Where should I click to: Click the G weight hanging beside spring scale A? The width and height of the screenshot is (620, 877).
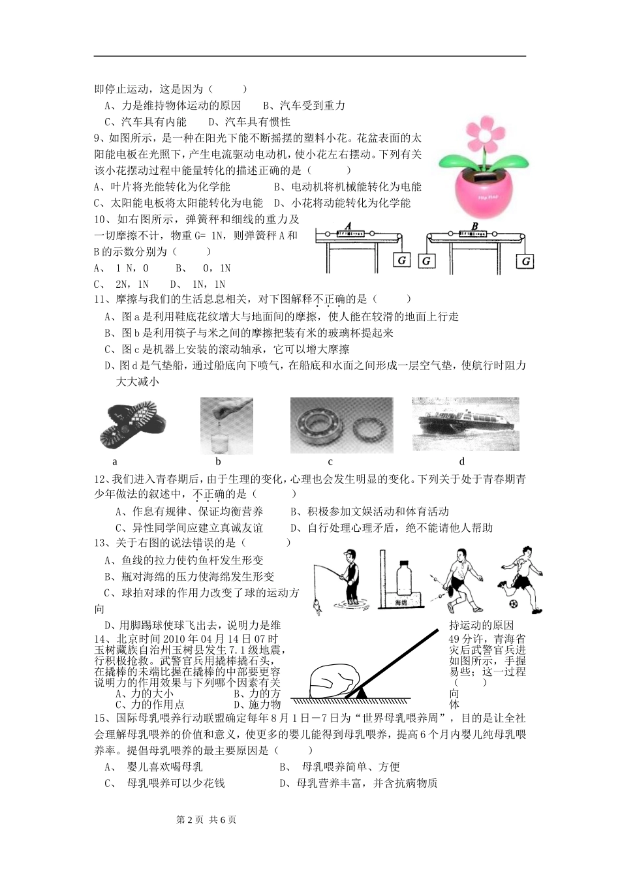(402, 261)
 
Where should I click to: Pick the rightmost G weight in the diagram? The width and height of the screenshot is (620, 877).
(525, 261)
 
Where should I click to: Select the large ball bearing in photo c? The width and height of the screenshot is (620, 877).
(318, 425)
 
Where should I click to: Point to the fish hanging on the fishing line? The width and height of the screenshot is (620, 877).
(317, 604)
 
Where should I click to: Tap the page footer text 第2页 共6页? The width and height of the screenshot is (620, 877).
(207, 820)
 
